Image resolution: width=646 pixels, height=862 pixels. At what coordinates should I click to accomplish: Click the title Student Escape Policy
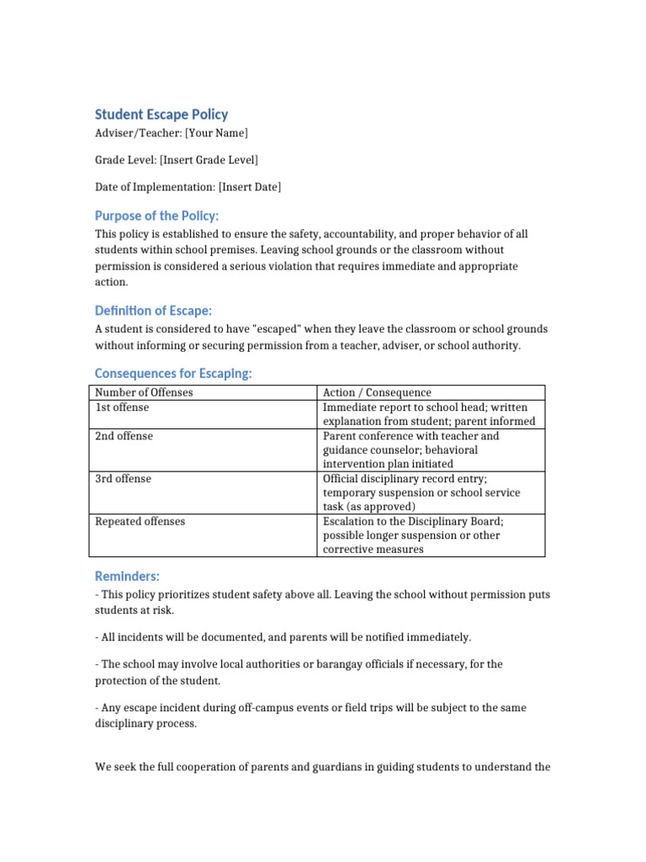coord(161,114)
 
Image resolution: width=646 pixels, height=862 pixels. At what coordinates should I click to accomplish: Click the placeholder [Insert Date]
coord(250,187)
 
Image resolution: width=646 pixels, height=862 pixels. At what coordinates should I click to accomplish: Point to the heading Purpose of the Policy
coord(156,216)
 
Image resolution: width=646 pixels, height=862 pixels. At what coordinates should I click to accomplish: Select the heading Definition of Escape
coord(153,311)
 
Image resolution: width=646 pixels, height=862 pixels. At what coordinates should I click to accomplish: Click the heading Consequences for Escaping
coord(173,373)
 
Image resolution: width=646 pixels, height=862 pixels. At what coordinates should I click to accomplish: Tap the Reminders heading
coord(127,576)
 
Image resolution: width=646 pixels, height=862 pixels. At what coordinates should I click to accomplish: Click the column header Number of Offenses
coord(144,392)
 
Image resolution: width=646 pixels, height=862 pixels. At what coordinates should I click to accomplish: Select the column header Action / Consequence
coord(377,392)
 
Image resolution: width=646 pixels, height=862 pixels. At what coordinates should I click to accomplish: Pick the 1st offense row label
coord(123,407)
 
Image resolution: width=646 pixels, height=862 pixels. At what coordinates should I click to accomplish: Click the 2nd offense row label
coord(124,436)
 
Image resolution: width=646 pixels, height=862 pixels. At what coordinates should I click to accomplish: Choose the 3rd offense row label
coord(124,478)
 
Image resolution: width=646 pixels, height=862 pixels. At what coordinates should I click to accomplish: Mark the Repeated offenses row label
coord(140,521)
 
